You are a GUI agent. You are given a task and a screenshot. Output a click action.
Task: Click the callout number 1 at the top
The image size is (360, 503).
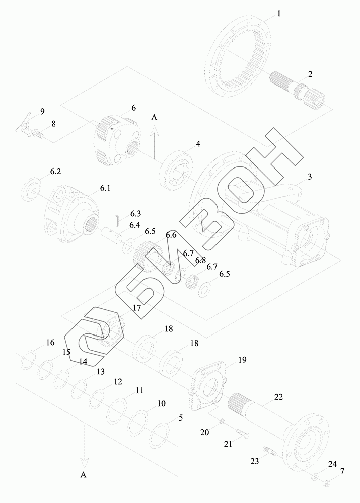(x=279, y=14)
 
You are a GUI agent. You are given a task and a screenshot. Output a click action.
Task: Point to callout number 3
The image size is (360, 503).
(x=310, y=177)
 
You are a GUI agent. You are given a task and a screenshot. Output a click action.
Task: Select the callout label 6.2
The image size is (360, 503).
(x=55, y=172)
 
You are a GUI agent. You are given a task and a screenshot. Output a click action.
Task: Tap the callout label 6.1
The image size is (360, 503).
(x=105, y=188)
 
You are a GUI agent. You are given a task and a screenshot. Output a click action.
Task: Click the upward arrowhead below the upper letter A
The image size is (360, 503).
(x=155, y=131)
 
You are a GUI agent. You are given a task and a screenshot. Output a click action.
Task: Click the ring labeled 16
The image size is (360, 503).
(x=30, y=360)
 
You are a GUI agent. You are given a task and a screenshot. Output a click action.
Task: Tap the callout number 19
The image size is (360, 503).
(x=242, y=360)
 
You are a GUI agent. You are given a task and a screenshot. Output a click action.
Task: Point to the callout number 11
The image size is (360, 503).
(x=139, y=390)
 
